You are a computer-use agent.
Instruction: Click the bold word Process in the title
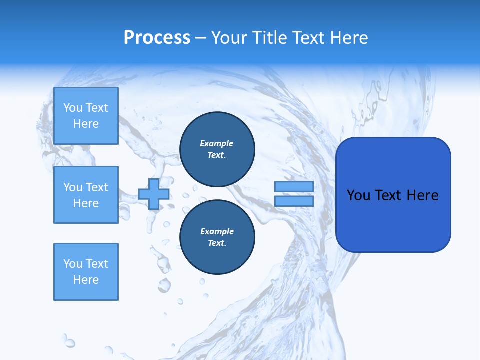point(157,38)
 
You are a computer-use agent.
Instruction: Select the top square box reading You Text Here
point(86,116)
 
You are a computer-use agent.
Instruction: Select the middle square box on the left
point(86,195)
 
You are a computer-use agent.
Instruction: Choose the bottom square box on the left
point(86,272)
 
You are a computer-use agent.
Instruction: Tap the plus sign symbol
point(154,194)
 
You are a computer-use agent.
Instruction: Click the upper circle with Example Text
point(217,149)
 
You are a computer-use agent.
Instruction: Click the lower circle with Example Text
point(217,237)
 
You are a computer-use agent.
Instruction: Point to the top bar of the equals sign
point(294,187)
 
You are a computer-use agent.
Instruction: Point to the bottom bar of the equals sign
point(294,201)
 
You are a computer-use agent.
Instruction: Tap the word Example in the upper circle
point(217,143)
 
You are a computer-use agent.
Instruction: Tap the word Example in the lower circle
point(217,231)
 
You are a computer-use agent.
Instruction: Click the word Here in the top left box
point(86,124)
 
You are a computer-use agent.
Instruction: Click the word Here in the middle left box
point(86,203)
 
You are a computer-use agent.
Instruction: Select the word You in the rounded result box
point(358,195)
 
